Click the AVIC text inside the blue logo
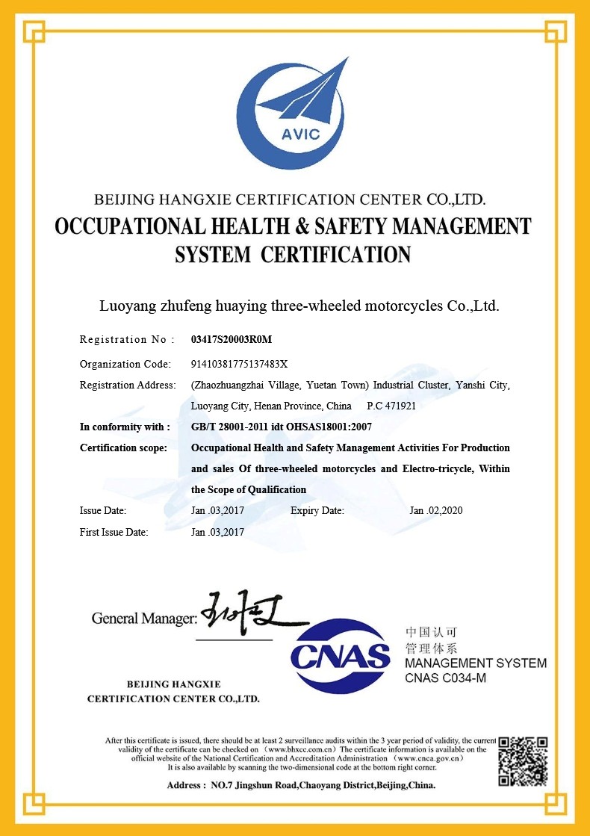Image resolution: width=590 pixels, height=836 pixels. (301, 134)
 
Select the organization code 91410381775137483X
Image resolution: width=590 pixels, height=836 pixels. (239, 364)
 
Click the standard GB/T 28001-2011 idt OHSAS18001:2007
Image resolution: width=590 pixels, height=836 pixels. (282, 427)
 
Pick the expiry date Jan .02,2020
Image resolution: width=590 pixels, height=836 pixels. (436, 511)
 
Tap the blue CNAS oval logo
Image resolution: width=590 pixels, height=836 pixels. (341, 656)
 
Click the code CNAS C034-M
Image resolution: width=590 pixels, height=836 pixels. (445, 678)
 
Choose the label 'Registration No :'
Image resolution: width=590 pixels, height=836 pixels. (127, 340)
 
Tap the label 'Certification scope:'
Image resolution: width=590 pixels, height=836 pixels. (123, 448)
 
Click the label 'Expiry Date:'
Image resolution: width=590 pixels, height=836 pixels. (317, 511)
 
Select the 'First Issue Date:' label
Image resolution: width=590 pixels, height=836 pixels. (114, 533)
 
